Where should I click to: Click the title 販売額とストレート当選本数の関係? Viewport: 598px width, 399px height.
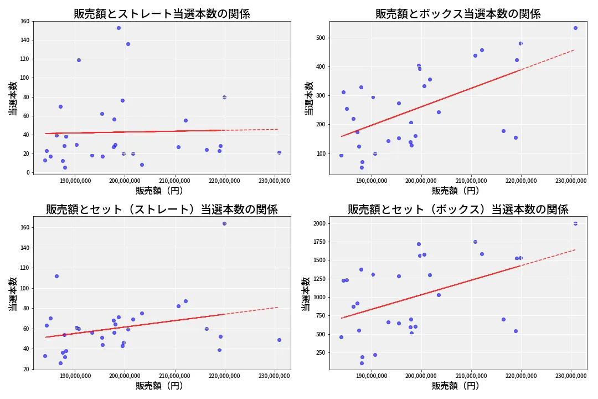(x=162, y=14)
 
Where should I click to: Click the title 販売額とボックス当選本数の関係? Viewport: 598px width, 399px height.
(x=458, y=14)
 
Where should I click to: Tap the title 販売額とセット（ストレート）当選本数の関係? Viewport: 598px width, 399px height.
(x=162, y=209)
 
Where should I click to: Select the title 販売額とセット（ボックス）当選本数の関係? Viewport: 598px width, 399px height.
(x=458, y=209)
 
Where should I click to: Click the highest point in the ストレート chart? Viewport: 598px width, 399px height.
(x=118, y=28)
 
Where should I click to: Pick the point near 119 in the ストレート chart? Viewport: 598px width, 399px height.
(x=79, y=60)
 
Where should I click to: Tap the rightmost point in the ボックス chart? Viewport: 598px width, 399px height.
(x=575, y=28)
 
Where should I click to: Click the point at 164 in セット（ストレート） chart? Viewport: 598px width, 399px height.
(x=224, y=223)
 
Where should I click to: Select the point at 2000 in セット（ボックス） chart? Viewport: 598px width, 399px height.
(x=575, y=223)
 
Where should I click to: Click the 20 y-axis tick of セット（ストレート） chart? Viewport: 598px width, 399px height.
(x=25, y=369)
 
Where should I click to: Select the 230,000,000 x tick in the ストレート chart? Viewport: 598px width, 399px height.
(x=275, y=180)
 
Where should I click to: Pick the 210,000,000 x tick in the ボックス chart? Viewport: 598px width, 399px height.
(x=471, y=180)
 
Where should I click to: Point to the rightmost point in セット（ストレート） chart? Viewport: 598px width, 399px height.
(x=279, y=340)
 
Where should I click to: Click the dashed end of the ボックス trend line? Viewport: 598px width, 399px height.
(x=574, y=50)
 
